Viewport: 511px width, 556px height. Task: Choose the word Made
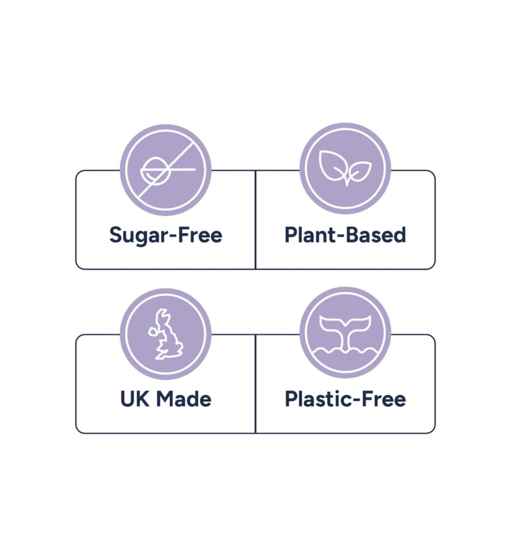(x=184, y=399)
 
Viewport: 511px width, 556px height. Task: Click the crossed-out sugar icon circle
(x=166, y=170)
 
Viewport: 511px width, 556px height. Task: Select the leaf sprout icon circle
(x=345, y=169)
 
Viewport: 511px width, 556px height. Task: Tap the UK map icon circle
(x=166, y=334)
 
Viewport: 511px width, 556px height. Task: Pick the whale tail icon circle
(x=345, y=332)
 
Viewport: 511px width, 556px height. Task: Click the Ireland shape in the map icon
(x=153, y=332)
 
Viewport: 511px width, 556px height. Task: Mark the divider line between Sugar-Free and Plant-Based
(x=255, y=220)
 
